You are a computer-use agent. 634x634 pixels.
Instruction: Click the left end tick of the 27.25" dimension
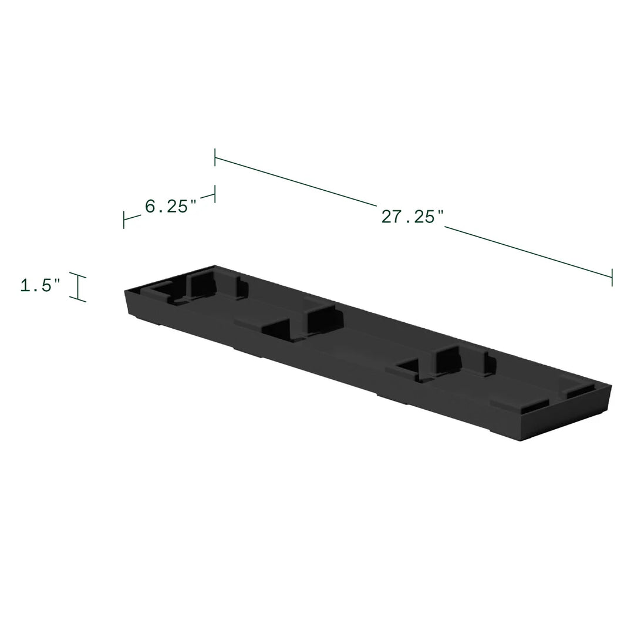[x=215, y=157]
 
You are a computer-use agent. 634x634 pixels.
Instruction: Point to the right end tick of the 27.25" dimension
[x=612, y=277]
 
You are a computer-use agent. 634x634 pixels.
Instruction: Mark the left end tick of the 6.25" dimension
[x=124, y=220]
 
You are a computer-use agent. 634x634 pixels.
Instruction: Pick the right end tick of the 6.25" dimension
[x=215, y=194]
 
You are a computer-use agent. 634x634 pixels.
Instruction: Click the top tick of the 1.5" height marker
[x=77, y=275]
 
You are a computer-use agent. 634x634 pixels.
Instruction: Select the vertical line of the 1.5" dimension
[x=77, y=287]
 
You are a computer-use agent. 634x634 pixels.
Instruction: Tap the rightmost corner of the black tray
[x=611, y=387]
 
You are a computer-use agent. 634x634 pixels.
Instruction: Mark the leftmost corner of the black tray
[x=124, y=290]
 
